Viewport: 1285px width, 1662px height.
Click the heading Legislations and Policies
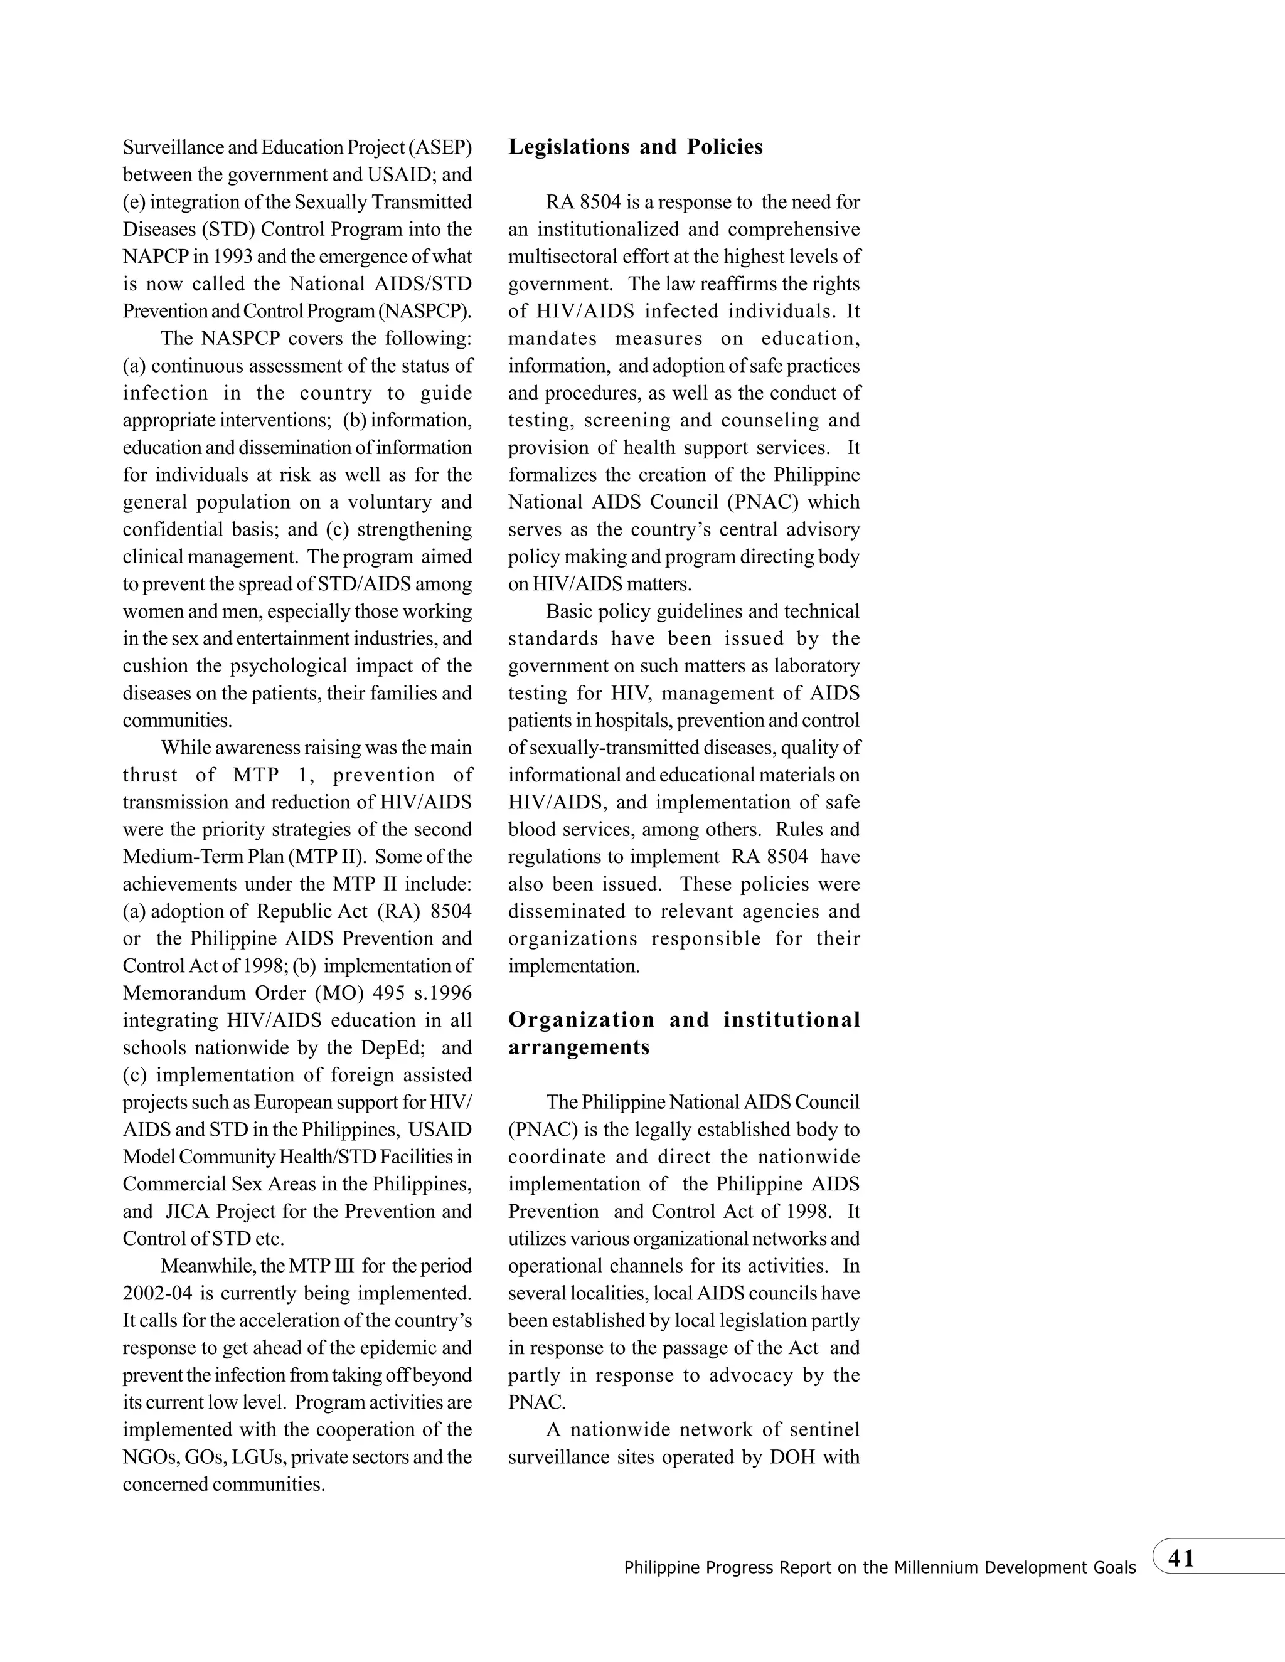tap(635, 147)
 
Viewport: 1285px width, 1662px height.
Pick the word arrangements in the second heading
tap(579, 1047)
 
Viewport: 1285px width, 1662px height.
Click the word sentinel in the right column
tap(826, 1429)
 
